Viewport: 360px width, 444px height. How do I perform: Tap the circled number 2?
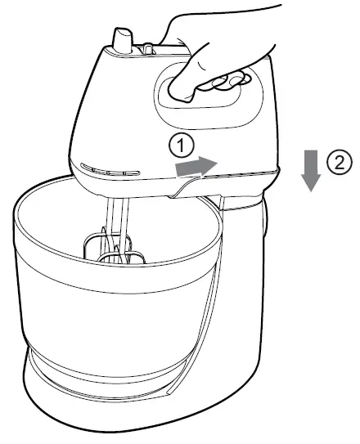[x=340, y=163]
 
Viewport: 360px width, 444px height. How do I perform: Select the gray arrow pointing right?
[x=197, y=167]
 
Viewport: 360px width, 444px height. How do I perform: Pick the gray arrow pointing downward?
[x=310, y=172]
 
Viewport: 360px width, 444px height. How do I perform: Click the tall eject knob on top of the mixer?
[x=123, y=41]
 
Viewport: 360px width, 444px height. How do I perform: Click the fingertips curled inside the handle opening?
[x=219, y=82]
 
